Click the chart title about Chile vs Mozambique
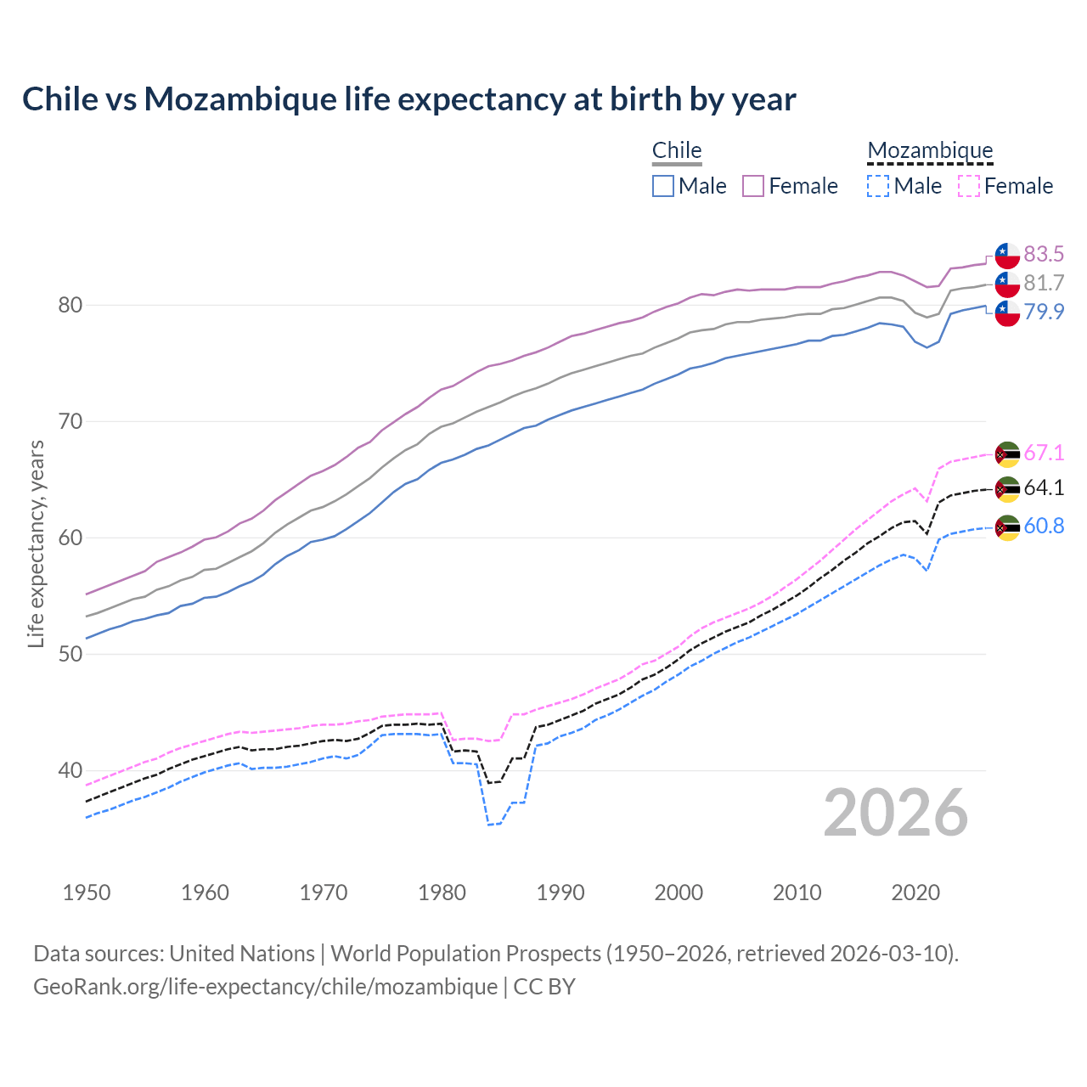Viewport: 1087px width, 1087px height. pos(408,99)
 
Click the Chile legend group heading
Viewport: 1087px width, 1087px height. pos(676,150)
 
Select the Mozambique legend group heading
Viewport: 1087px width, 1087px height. pos(930,150)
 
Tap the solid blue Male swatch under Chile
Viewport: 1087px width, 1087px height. pos(663,186)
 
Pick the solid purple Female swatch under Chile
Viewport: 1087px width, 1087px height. pos(753,186)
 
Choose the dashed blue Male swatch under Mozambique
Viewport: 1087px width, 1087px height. pos(878,186)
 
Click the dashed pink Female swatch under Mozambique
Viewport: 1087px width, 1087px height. pos(969,186)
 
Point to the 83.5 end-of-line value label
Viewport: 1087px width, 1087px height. pos(1044,254)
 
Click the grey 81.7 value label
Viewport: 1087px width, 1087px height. pos(1044,283)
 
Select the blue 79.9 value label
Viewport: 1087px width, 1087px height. pos(1044,312)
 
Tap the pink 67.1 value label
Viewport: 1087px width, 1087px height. pos(1044,453)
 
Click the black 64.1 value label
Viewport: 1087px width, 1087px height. pos(1044,487)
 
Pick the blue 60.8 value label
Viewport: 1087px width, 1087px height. pos(1044,526)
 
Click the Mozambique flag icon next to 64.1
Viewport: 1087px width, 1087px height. pos(1007,488)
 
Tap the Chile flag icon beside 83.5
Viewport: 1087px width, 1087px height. pos(1007,255)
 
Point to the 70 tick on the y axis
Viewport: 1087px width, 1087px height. pos(70,421)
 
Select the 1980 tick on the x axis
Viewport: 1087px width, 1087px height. pos(442,893)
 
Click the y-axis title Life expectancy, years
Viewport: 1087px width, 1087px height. pos(36,543)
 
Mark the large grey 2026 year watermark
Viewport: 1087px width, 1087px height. pos(895,813)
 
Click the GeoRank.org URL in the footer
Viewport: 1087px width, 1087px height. pos(265,986)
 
